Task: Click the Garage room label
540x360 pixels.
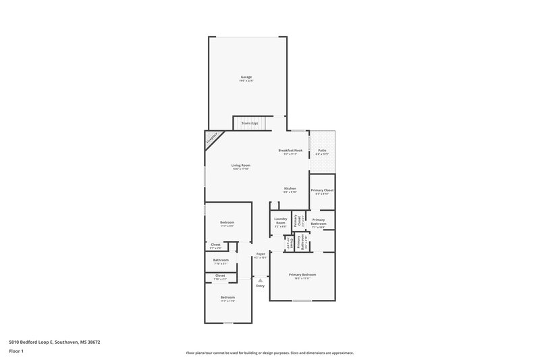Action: click(x=246, y=77)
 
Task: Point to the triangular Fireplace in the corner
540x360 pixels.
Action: click(x=212, y=138)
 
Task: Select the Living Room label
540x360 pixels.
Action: click(x=241, y=165)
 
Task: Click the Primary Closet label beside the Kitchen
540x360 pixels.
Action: click(x=322, y=190)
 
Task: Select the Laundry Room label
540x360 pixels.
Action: click(x=281, y=220)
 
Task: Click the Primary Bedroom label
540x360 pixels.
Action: click(x=302, y=274)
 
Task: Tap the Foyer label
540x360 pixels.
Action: click(x=260, y=254)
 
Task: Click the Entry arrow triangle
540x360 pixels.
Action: click(x=260, y=280)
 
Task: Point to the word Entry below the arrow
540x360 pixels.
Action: click(x=260, y=286)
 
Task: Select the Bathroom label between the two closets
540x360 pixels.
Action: click(x=221, y=260)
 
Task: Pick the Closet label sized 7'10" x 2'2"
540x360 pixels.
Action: click(x=220, y=276)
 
